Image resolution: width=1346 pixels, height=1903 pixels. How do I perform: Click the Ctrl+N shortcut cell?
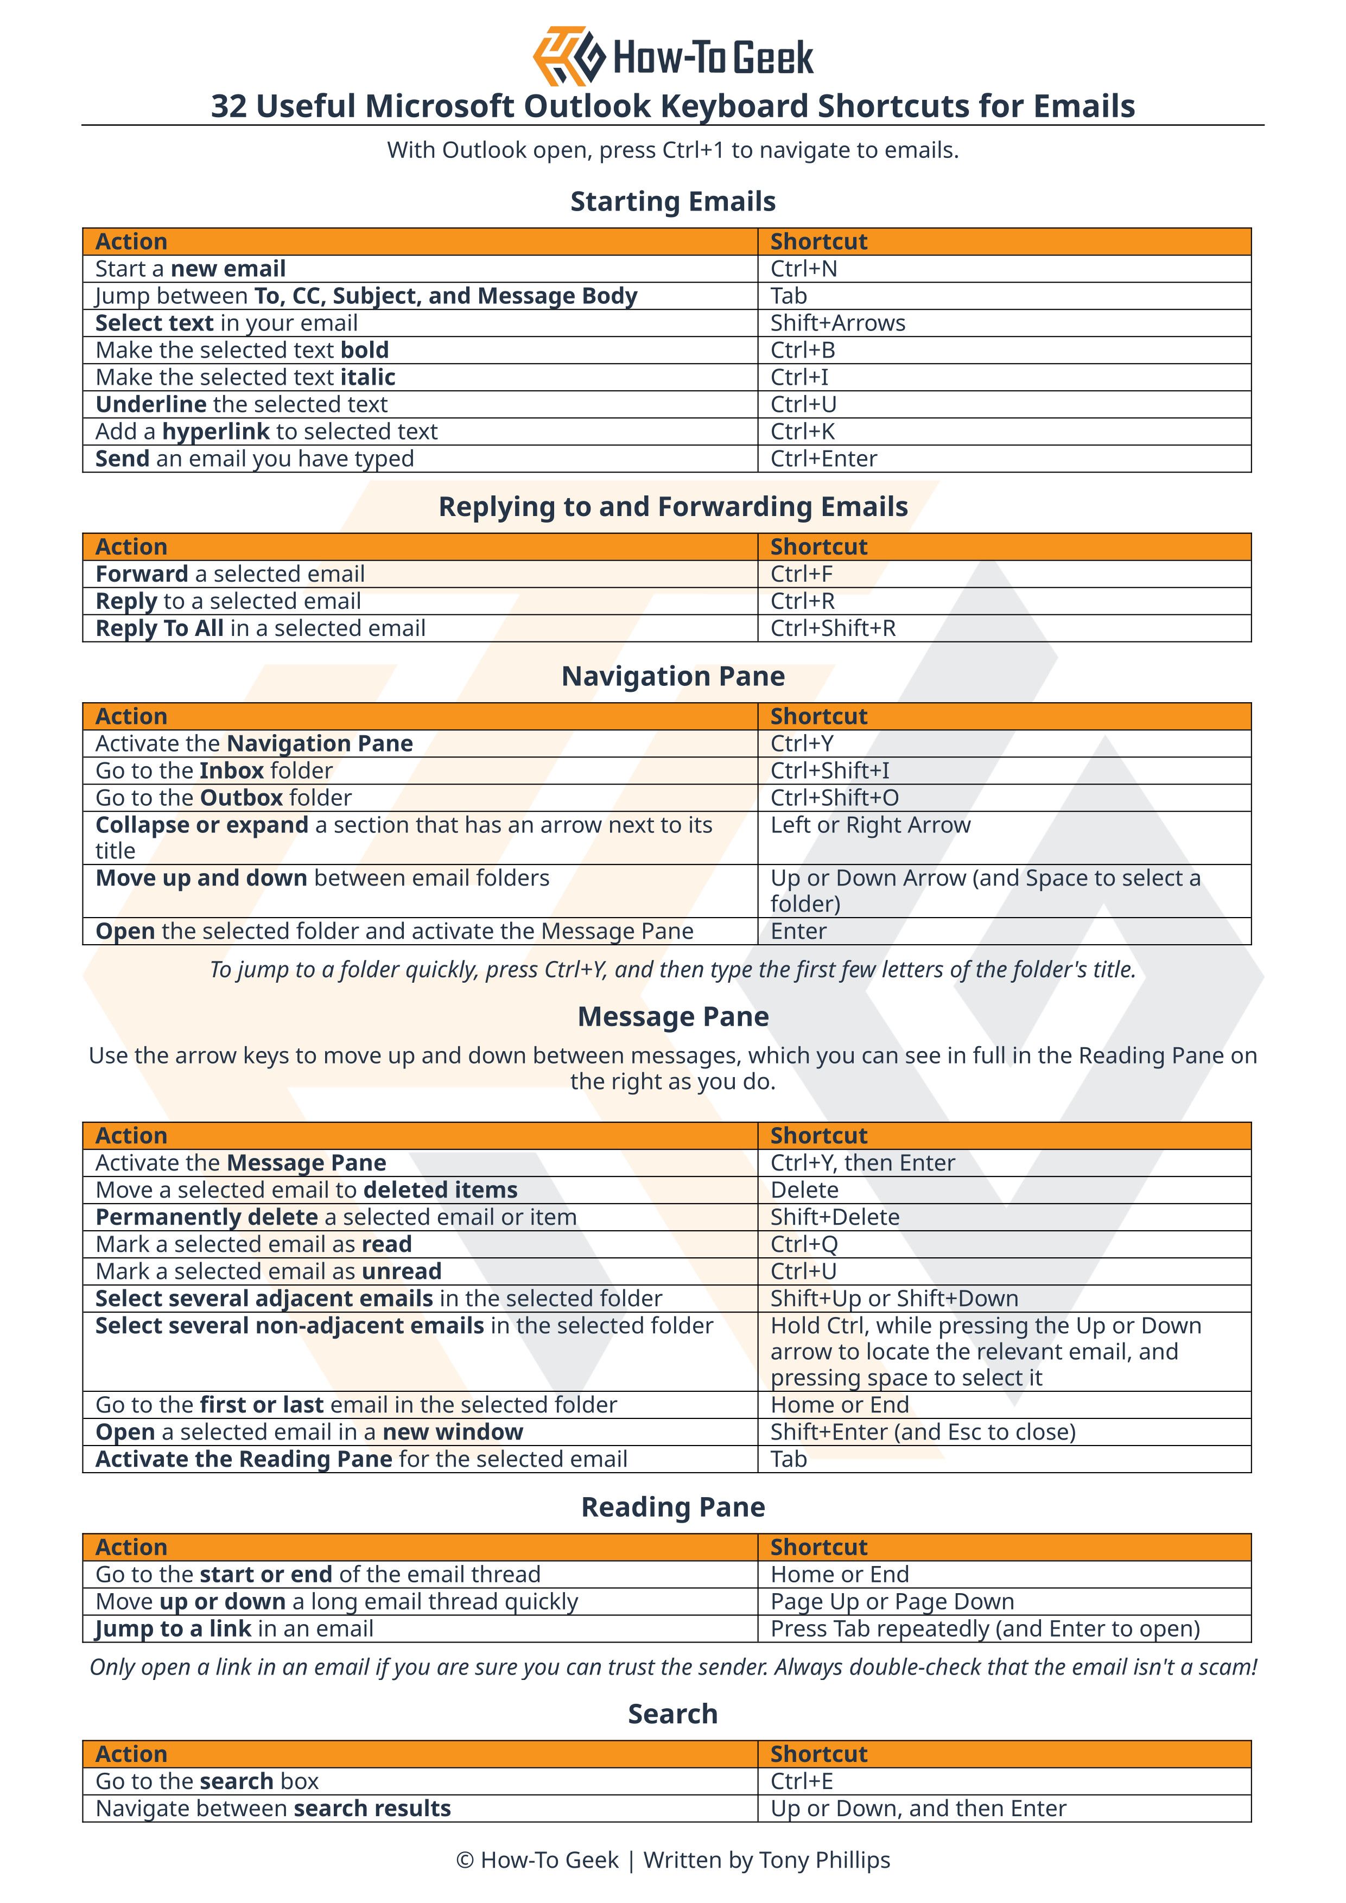point(803,269)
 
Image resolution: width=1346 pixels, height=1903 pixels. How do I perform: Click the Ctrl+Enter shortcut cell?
point(823,459)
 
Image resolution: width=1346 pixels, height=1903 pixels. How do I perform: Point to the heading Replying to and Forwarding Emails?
point(673,506)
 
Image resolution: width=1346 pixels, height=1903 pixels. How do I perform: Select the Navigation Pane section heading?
point(673,676)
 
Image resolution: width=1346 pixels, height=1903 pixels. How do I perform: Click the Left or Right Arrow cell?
point(870,825)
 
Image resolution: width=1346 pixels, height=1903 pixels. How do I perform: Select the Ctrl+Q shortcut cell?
point(804,1245)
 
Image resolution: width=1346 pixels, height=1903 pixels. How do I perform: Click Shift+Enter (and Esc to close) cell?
point(923,1432)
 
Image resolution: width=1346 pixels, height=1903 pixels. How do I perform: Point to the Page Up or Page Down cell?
point(892,1601)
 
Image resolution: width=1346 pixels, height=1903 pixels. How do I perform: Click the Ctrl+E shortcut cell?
point(802,1781)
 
